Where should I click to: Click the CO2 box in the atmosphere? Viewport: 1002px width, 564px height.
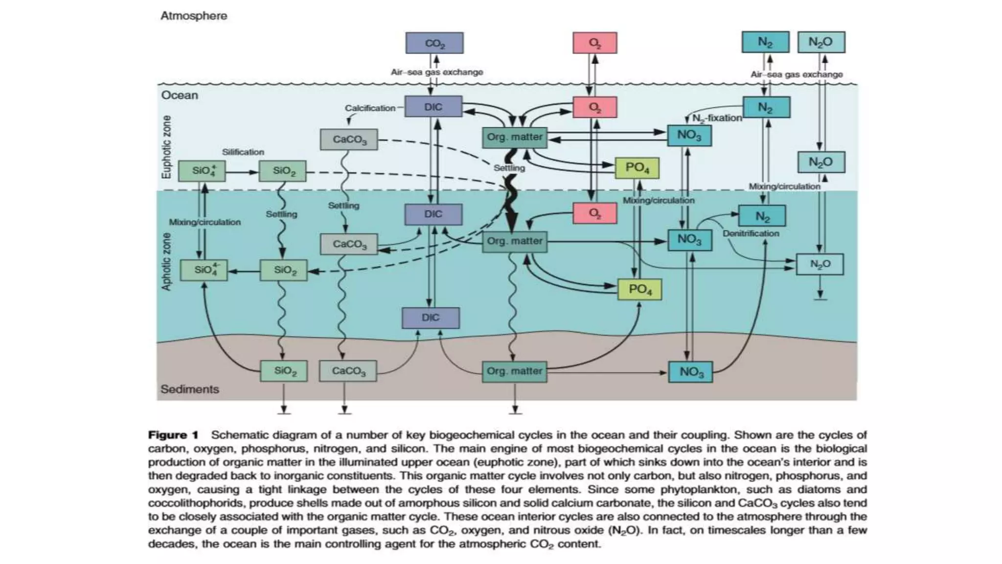434,43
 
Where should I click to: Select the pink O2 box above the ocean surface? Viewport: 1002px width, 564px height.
594,43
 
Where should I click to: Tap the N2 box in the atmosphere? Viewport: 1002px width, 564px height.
765,42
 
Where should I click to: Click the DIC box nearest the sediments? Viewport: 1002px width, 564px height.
431,318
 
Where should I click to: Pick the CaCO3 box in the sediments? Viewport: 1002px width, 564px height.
348,371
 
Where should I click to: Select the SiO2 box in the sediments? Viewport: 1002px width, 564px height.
284,371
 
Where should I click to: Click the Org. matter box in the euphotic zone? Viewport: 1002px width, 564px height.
514,138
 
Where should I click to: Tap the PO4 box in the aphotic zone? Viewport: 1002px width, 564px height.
639,289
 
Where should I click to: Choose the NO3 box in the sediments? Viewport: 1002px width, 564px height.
690,372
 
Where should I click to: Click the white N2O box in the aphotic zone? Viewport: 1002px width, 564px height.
820,264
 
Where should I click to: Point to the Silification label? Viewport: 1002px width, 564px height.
243,152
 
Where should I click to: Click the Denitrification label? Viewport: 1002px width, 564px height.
751,234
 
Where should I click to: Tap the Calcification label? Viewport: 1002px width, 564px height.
370,108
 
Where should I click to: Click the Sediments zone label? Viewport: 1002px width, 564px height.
190,389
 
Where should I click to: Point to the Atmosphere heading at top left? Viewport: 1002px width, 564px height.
194,16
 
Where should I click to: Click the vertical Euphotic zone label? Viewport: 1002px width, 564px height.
167,147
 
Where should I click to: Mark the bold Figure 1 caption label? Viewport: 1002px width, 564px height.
173,435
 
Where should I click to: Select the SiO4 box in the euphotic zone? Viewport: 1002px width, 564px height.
202,171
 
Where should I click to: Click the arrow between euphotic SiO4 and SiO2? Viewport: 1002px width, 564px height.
242,172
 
